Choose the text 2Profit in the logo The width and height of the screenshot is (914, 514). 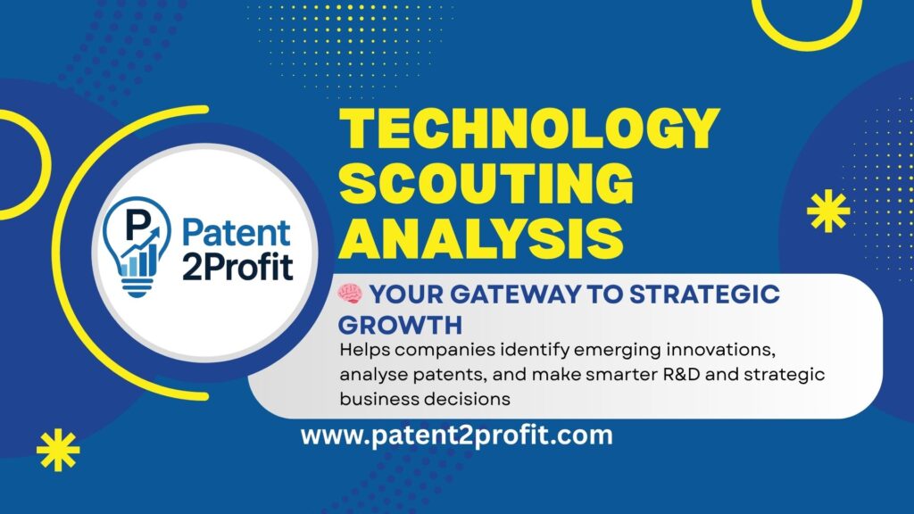point(237,266)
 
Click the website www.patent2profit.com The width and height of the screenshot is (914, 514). point(456,436)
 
